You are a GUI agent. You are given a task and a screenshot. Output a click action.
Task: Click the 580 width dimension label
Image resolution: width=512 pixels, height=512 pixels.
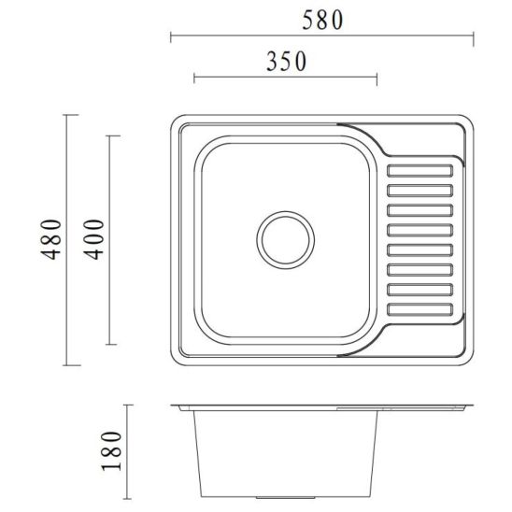321,19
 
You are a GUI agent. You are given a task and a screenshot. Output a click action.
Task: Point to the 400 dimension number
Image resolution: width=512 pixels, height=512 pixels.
97,240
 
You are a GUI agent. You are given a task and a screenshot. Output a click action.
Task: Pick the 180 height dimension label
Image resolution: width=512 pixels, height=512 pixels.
112,451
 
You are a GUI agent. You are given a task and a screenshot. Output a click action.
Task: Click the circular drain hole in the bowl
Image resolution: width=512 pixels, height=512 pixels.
283,237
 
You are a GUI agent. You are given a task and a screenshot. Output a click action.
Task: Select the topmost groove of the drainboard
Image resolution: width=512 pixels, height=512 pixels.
422,170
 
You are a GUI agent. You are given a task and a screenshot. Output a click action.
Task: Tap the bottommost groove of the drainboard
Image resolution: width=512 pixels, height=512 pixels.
422,307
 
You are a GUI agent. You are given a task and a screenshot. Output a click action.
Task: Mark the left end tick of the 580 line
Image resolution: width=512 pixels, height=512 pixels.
170,37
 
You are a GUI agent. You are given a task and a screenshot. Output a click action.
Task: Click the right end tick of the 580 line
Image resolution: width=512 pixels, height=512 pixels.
474,37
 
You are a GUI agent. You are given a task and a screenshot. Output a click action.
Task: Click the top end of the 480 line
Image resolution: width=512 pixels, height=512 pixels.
66,114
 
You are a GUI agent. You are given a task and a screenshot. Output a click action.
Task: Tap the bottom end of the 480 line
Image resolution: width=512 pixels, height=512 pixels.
66,365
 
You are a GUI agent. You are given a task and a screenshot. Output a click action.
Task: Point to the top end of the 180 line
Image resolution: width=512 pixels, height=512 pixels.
130,405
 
